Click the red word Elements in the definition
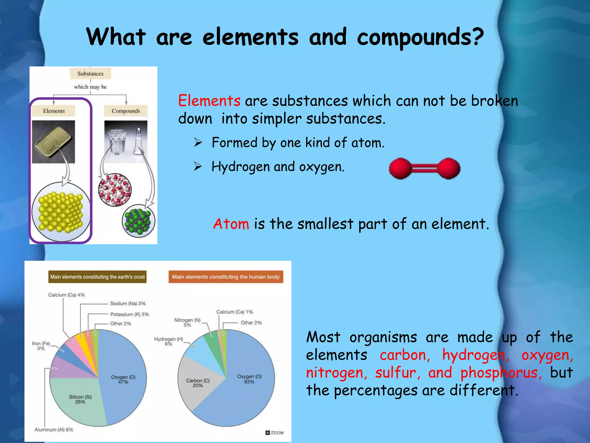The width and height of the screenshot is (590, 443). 209,101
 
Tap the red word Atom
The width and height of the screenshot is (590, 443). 231,224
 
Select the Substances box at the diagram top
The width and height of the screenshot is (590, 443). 90,74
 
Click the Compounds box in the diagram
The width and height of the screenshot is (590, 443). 126,111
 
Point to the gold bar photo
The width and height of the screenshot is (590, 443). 53,142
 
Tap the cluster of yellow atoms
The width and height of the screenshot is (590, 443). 60,212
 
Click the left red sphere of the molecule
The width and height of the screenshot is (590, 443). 400,168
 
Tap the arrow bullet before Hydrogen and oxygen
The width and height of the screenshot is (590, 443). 198,166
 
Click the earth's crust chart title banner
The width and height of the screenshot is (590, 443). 97,277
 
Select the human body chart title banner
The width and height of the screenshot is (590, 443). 226,277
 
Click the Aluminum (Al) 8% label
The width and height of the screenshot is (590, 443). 54,430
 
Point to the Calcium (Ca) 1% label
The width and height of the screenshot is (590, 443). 235,312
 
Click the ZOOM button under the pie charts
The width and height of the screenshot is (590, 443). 275,433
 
